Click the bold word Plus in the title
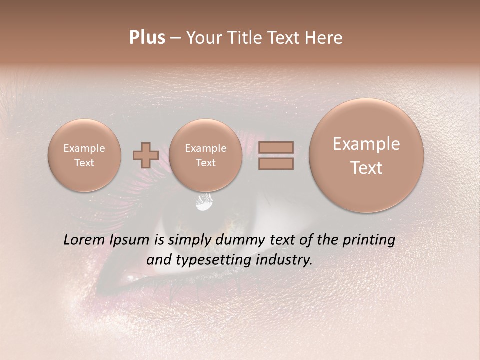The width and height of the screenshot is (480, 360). pyautogui.click(x=147, y=38)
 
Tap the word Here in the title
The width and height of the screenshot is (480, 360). pyautogui.click(x=323, y=38)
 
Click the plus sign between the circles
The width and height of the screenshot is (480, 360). pyautogui.click(x=145, y=155)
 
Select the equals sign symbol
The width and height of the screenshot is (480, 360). pyautogui.click(x=275, y=155)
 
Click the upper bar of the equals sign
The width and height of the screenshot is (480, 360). pyautogui.click(x=275, y=147)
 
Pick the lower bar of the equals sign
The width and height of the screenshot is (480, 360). pyautogui.click(x=275, y=163)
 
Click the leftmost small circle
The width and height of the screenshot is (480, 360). pyautogui.click(x=84, y=155)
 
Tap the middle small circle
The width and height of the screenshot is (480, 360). pyautogui.click(x=206, y=155)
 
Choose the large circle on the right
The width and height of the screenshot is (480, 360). pyautogui.click(x=366, y=155)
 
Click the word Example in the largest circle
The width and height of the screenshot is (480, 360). pyautogui.click(x=366, y=144)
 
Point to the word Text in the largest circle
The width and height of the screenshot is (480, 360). pyautogui.click(x=366, y=168)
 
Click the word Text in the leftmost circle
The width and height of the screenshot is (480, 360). pyautogui.click(x=84, y=163)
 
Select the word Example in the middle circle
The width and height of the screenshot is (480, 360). pyautogui.click(x=206, y=148)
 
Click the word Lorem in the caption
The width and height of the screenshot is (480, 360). pyautogui.click(x=83, y=240)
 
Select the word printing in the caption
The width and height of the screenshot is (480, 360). pyautogui.click(x=368, y=240)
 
